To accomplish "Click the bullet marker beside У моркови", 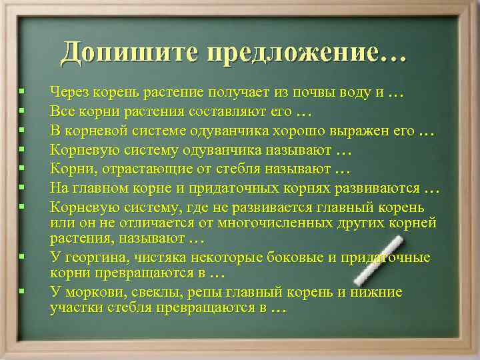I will click(x=22, y=291).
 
